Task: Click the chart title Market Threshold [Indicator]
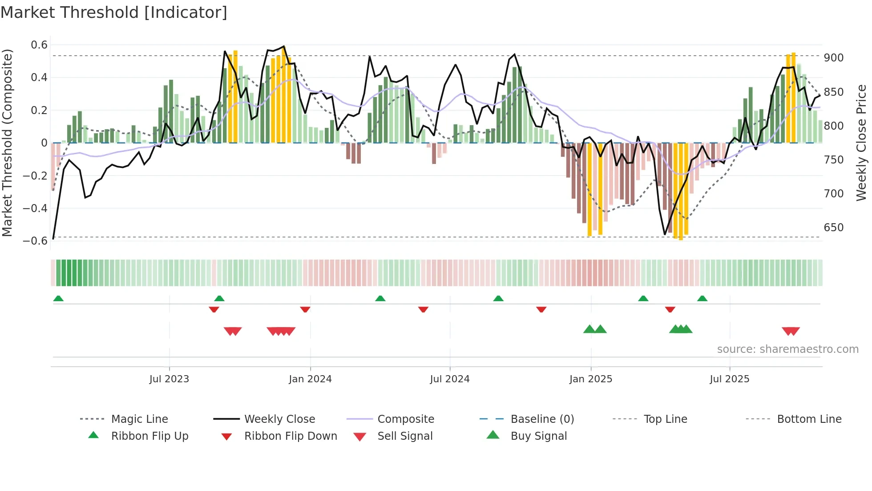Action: tap(114, 12)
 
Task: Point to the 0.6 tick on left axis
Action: tap(39, 45)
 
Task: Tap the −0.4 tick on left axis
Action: tap(35, 209)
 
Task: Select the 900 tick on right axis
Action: tap(833, 58)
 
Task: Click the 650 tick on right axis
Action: tap(833, 228)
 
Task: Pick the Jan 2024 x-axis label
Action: tap(310, 379)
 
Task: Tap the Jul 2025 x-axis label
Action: tap(729, 379)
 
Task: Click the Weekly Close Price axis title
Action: tap(861, 143)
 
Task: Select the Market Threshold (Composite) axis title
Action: tap(7, 143)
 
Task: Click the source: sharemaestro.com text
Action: tap(787, 349)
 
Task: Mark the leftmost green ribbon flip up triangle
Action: tap(58, 299)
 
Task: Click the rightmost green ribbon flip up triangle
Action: tap(702, 299)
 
